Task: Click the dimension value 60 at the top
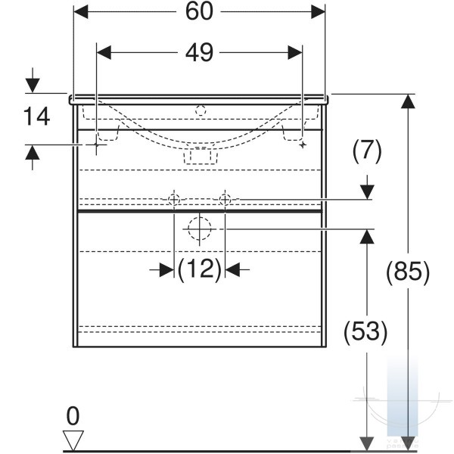pyautogui.click(x=199, y=11)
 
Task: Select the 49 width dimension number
pyautogui.click(x=199, y=52)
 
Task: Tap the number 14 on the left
pyautogui.click(x=36, y=117)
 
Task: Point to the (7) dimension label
pyautogui.click(x=367, y=151)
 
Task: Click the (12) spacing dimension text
pyautogui.click(x=200, y=269)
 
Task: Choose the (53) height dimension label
pyautogui.click(x=365, y=331)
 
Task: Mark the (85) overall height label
pyautogui.click(x=408, y=272)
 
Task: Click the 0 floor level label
pyautogui.click(x=73, y=416)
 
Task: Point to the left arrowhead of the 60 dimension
pyautogui.click(x=81, y=12)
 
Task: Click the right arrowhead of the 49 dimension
pyautogui.click(x=295, y=53)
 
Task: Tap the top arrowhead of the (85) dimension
pyautogui.click(x=409, y=101)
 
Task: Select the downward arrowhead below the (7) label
pyautogui.click(x=367, y=192)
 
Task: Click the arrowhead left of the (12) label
pyautogui.click(x=166, y=270)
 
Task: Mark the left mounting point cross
pyautogui.click(x=96, y=145)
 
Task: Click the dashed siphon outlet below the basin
pyautogui.click(x=201, y=156)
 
